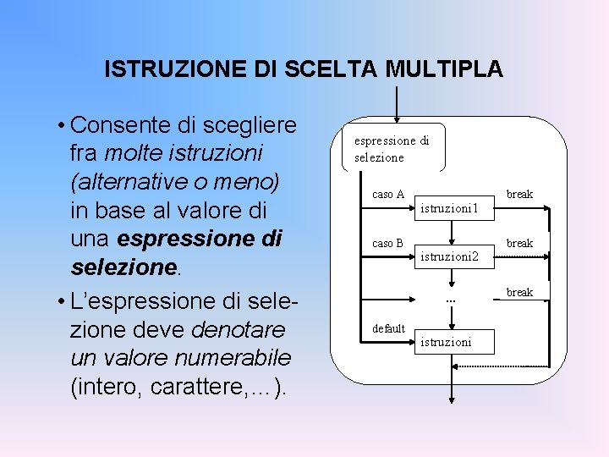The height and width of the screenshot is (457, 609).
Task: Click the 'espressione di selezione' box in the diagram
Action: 391,149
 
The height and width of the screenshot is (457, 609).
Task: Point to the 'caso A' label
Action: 387,195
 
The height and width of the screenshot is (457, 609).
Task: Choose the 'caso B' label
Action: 387,244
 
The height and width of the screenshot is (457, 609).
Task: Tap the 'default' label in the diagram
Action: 389,328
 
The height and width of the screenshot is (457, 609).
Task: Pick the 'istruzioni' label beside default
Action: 446,341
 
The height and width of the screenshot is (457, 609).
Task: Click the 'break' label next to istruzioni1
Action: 519,195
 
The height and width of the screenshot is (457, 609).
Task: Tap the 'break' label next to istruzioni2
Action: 519,244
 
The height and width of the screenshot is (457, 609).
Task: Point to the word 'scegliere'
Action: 251,125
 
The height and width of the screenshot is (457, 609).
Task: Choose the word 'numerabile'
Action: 239,357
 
